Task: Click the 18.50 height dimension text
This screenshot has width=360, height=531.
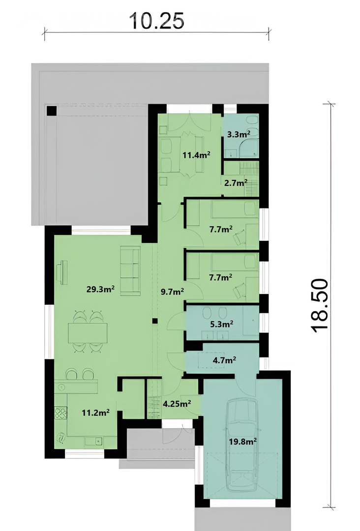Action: [319, 305]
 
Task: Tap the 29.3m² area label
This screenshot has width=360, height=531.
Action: [100, 289]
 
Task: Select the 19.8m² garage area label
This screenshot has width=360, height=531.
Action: [242, 442]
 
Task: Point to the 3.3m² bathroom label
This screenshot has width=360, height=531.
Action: [239, 134]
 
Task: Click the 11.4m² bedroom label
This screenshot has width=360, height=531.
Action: [196, 155]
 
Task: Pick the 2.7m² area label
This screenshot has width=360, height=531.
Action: [236, 183]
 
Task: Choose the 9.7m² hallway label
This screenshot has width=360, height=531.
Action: [173, 291]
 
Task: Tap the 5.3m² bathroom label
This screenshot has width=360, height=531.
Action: [221, 324]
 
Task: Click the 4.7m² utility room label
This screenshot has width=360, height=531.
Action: [224, 360]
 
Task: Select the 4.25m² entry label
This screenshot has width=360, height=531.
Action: [177, 404]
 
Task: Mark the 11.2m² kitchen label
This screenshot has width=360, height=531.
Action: [95, 413]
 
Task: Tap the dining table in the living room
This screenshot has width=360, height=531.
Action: [88, 333]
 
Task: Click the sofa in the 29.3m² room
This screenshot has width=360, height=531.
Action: [130, 271]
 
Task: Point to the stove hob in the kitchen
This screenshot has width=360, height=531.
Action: [61, 413]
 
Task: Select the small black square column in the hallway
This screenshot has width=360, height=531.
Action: [155, 321]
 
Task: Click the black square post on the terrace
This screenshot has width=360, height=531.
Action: [52, 111]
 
